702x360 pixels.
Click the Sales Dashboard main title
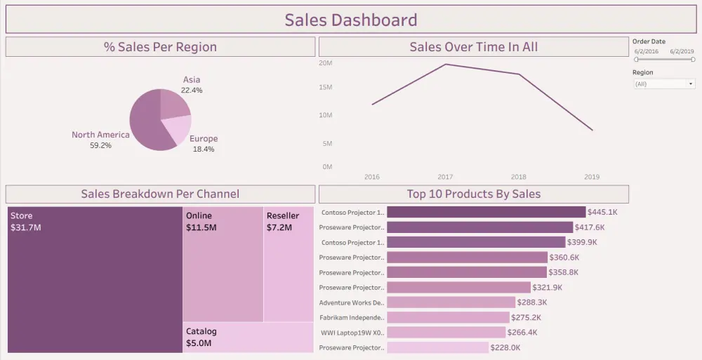pyautogui.click(x=350, y=20)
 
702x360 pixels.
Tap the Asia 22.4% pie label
pyautogui.click(x=192, y=85)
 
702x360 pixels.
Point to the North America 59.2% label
pyautogui.click(x=100, y=140)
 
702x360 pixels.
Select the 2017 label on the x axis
pyautogui.click(x=445, y=177)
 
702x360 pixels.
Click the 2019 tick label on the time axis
pyautogui.click(x=592, y=177)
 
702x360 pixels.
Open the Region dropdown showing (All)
pyautogui.click(x=663, y=84)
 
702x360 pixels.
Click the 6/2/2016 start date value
pyautogui.click(x=646, y=51)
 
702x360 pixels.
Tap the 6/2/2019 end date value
pyautogui.click(x=682, y=51)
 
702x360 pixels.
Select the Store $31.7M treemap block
pyautogui.click(x=95, y=281)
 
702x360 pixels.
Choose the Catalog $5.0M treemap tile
pyautogui.click(x=249, y=338)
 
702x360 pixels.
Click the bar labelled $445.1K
pyautogui.click(x=486, y=212)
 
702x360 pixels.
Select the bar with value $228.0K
pyautogui.click(x=437, y=347)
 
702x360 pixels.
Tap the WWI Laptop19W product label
pyautogui.click(x=351, y=333)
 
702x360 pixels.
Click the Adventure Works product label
pyautogui.click(x=351, y=302)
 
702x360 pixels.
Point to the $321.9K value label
pyautogui.click(x=548, y=288)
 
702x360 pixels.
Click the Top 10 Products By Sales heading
pyautogui.click(x=474, y=194)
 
